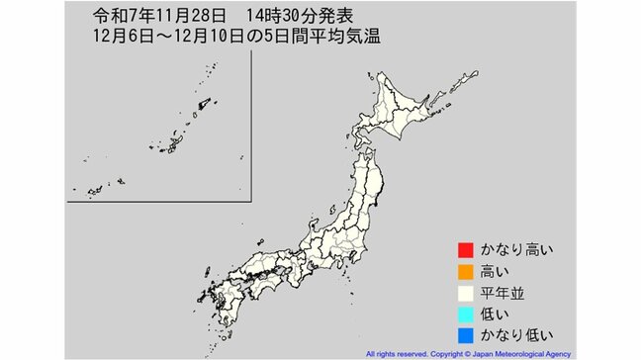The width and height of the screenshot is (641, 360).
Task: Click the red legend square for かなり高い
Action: (464, 249)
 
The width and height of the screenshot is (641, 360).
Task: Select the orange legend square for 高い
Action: (464, 270)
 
